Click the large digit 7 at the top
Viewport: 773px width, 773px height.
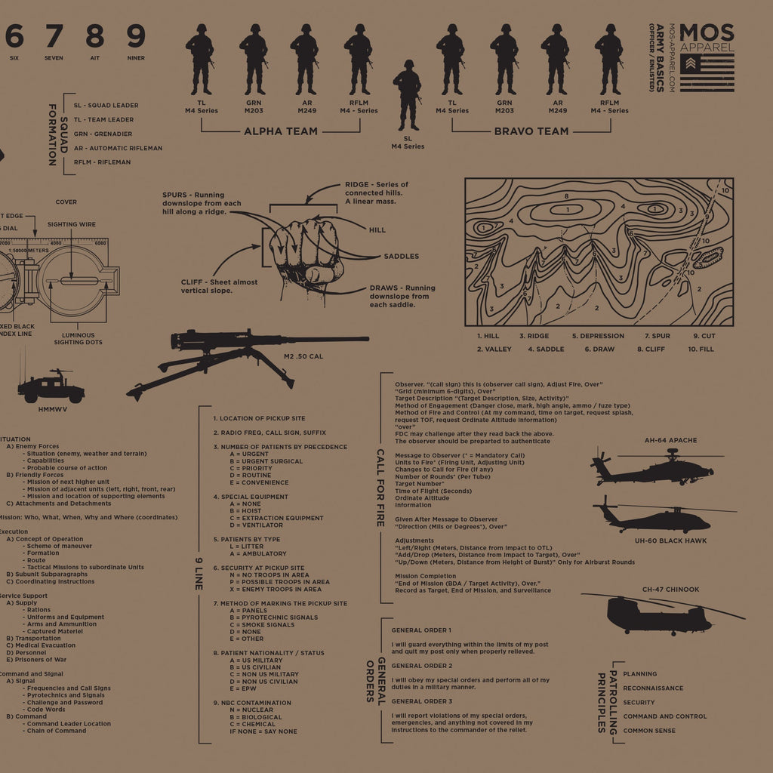(54, 35)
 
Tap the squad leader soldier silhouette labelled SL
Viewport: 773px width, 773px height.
(408, 95)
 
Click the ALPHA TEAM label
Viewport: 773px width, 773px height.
(280, 131)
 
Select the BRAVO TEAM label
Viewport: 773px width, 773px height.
(531, 131)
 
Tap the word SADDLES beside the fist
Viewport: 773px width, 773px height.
(401, 257)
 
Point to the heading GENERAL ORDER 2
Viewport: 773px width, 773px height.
(422, 666)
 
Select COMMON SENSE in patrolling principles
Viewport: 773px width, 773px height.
(649, 731)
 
